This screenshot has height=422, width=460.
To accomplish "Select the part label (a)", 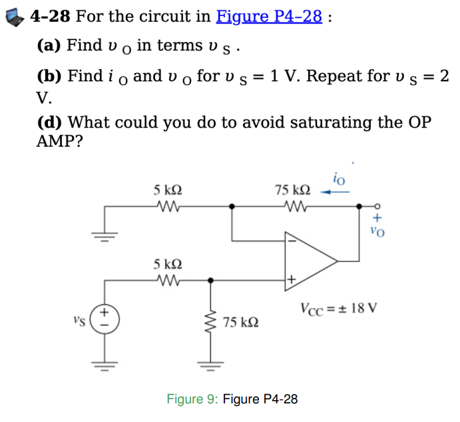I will (x=49, y=46).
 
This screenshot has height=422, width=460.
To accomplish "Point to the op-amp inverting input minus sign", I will (x=290, y=241).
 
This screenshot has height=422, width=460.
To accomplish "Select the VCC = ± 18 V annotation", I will (x=338, y=308).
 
